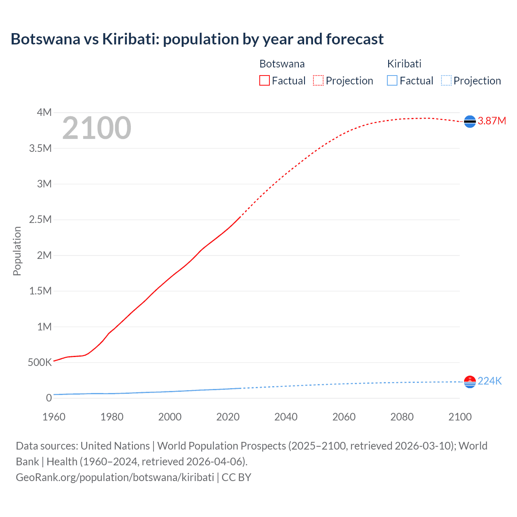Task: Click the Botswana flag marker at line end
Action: point(470,121)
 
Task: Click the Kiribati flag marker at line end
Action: point(470,382)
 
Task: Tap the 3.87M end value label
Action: point(492,121)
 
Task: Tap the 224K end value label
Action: point(490,381)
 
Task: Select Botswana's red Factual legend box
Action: point(264,81)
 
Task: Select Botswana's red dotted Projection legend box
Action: point(318,81)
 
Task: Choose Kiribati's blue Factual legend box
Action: point(392,81)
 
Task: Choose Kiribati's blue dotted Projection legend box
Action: point(446,81)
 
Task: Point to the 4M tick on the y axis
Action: point(44,112)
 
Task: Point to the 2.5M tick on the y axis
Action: point(40,220)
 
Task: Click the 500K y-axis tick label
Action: point(40,362)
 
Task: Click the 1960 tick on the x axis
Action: point(54,417)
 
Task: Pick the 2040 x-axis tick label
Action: point(286,417)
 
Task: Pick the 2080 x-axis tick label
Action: point(402,417)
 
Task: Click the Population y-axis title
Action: point(17,251)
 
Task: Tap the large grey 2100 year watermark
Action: point(97,128)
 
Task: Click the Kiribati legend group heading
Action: point(404,64)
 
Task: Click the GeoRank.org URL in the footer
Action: point(115,477)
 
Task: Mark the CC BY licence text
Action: point(236,477)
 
